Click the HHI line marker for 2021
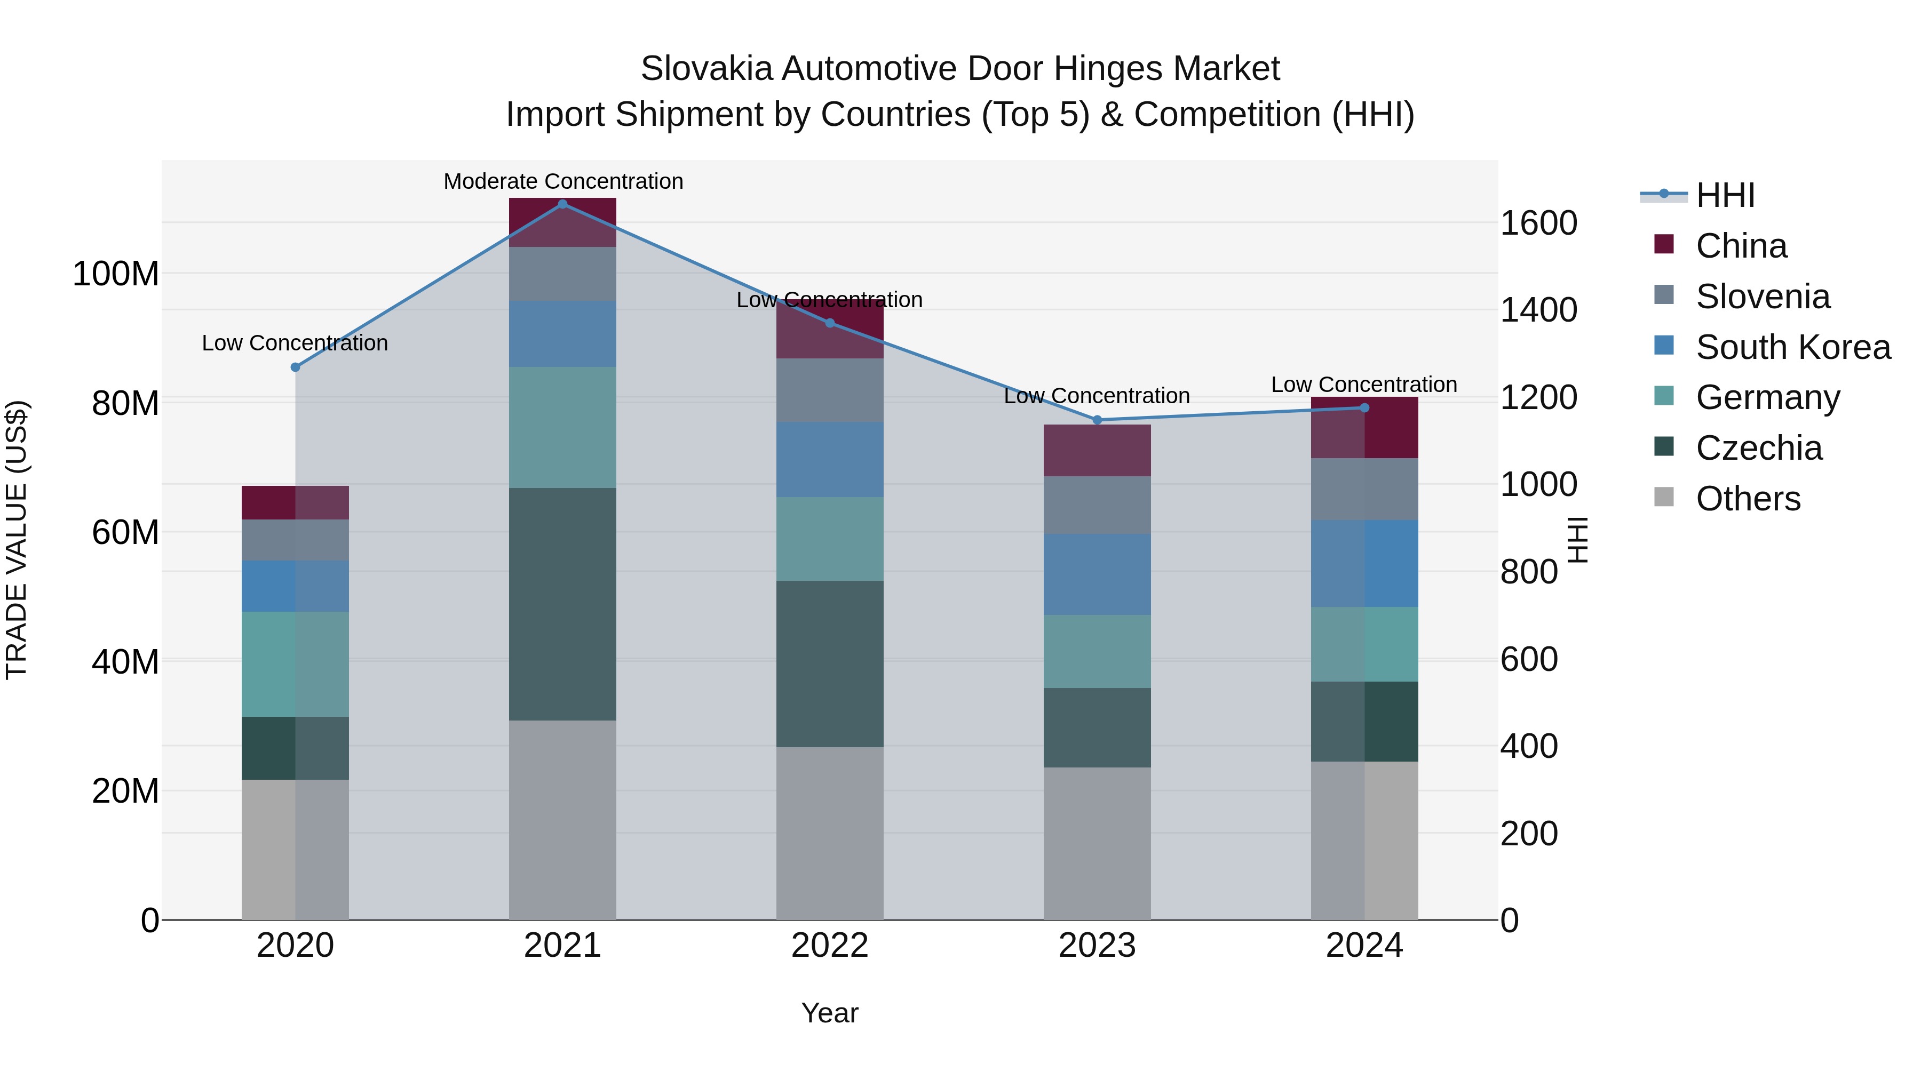click(x=562, y=204)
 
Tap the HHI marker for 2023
click(x=1097, y=420)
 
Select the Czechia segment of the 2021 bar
click(x=562, y=604)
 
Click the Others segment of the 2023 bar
click(x=1097, y=843)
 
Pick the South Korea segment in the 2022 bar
click(x=829, y=459)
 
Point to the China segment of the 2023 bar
click(x=1097, y=450)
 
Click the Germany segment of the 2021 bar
click(x=562, y=427)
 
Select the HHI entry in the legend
click(x=1724, y=195)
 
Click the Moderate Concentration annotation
click(x=563, y=181)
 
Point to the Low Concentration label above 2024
click(x=1363, y=385)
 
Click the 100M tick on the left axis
click(x=116, y=274)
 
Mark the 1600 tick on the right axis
click(x=1538, y=223)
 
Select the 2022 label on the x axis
click(x=829, y=946)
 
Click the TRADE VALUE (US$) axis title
click(x=17, y=540)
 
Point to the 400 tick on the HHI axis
click(x=1529, y=746)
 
